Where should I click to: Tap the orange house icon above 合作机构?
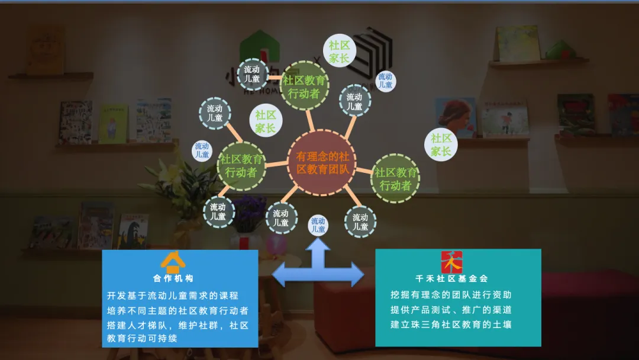[173, 262]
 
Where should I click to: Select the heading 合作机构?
[173, 278]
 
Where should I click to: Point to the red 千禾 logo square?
[451, 262]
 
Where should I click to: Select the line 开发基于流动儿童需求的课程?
[173, 295]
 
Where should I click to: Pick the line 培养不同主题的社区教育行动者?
[177, 310]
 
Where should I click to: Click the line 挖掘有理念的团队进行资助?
[451, 295]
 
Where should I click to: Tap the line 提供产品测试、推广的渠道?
[451, 310]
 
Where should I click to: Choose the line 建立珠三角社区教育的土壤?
[451, 324]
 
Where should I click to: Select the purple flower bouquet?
[249, 214]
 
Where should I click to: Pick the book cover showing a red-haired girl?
[455, 116]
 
